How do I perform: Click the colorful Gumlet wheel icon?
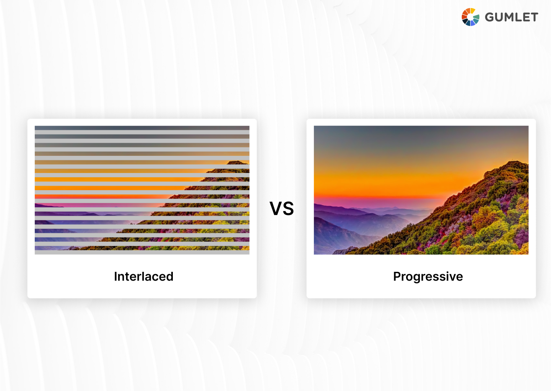click(470, 17)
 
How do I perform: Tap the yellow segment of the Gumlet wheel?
click(473, 11)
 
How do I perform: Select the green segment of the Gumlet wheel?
click(476, 18)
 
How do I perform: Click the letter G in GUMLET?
click(490, 17)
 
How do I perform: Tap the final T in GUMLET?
click(534, 17)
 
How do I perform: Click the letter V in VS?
click(276, 208)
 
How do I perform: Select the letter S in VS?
click(288, 208)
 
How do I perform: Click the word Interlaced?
click(143, 276)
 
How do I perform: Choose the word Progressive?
click(427, 276)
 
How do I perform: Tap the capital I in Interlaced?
click(115, 276)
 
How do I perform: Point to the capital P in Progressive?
click(397, 276)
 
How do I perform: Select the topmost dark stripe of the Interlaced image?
click(142, 128)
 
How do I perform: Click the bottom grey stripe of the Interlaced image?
click(142, 252)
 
